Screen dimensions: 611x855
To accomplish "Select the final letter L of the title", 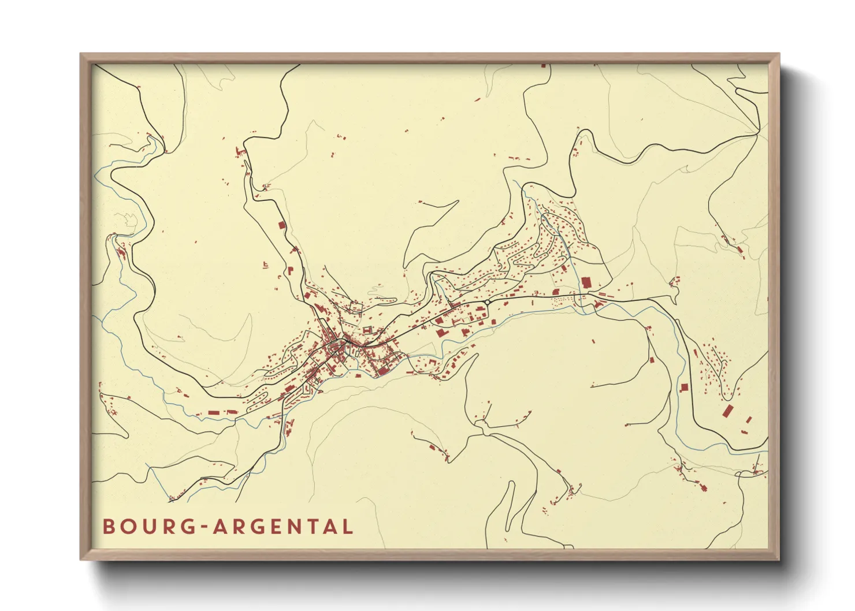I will pos(347,527).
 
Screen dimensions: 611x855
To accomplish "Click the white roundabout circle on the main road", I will pos(488,301).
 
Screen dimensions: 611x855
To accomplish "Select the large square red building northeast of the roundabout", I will pos(586,282).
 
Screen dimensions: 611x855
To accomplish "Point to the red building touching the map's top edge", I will pos(543,66).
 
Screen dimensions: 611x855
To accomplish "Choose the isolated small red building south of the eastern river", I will pos(593,342).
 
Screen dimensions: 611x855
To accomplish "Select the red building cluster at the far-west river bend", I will pos(121,252).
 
